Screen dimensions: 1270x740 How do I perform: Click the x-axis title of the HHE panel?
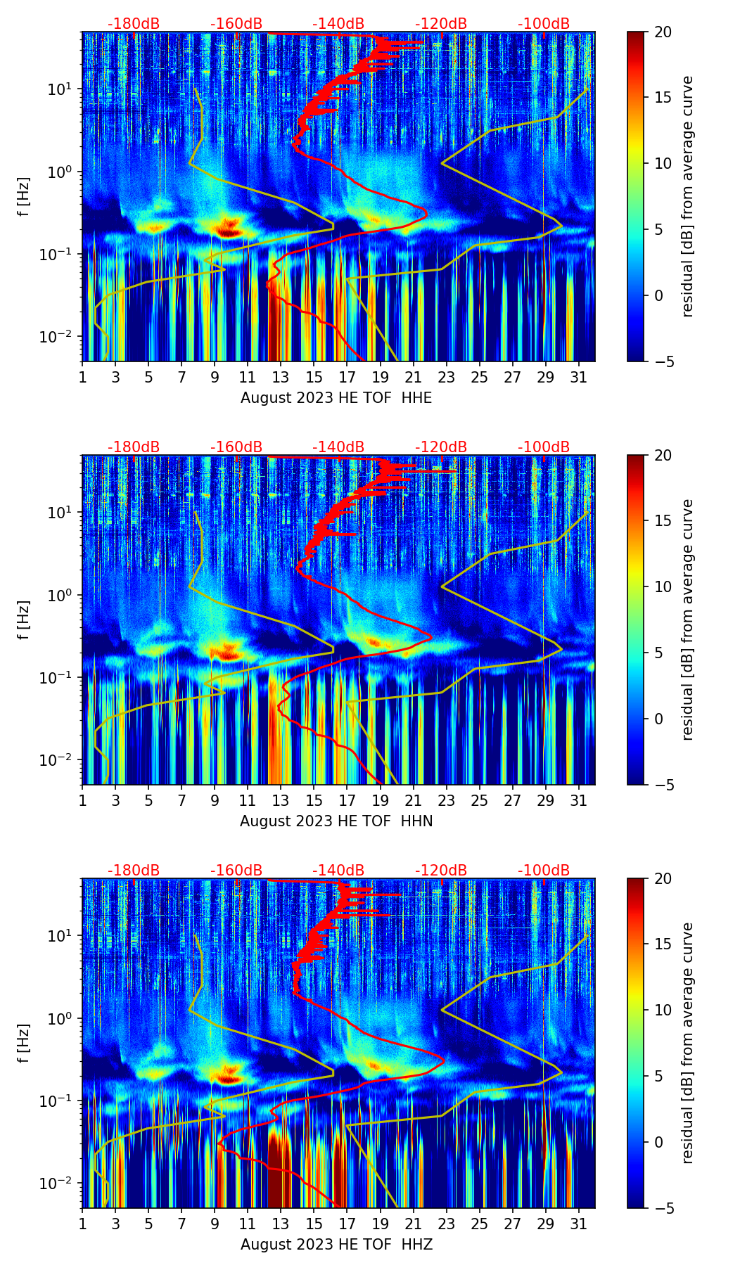(336, 398)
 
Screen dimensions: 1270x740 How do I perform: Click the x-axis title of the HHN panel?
(336, 821)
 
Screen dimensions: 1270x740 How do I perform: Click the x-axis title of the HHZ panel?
(336, 1245)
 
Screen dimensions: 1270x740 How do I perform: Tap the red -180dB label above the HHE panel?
(134, 24)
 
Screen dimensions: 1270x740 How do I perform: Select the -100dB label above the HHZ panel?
(544, 871)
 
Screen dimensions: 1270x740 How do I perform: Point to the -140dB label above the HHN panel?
(338, 447)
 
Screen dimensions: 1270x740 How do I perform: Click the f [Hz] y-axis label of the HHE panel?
(24, 197)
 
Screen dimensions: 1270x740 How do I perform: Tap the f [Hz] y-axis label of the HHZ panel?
(24, 1044)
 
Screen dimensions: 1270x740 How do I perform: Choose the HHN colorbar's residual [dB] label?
(687, 620)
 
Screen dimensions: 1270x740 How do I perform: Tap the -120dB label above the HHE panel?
(441, 24)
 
